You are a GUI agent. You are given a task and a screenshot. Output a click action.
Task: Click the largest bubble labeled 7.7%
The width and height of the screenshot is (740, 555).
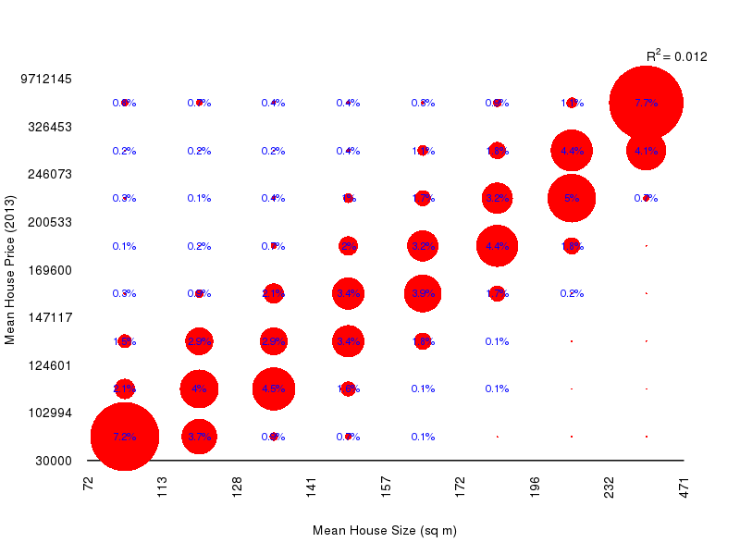pyautogui.click(x=646, y=103)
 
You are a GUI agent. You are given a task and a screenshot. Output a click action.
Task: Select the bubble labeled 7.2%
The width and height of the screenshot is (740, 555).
pyautogui.click(x=124, y=437)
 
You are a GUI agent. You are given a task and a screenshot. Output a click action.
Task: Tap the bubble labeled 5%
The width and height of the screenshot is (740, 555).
pyautogui.click(x=571, y=198)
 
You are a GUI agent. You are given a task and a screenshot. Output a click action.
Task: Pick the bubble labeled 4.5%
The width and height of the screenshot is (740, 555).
pyautogui.click(x=273, y=388)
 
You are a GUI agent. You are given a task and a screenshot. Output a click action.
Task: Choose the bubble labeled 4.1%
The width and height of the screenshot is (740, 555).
pyautogui.click(x=646, y=151)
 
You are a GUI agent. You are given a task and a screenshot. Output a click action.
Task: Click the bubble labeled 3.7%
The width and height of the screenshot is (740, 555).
pyautogui.click(x=199, y=437)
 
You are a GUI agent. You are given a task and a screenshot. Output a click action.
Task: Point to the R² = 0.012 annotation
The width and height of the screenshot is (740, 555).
pyautogui.click(x=676, y=56)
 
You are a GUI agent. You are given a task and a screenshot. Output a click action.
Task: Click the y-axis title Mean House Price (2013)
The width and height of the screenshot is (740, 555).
pyautogui.click(x=10, y=269)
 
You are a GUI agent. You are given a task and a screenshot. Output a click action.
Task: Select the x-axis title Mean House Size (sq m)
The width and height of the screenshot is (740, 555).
pyautogui.click(x=385, y=530)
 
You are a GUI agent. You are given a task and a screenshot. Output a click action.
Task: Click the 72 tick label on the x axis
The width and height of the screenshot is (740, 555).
pyautogui.click(x=89, y=486)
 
